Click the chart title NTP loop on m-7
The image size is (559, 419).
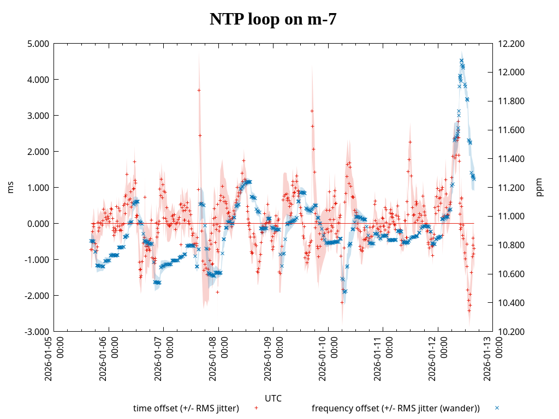(273, 20)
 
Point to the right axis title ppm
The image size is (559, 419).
(540, 188)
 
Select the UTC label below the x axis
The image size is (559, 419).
(273, 398)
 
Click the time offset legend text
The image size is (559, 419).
(186, 409)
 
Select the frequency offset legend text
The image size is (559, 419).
(396, 409)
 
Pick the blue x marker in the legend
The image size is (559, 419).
(497, 408)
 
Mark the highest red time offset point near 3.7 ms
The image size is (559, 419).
(199, 90)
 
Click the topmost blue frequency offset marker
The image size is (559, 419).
(461, 61)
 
